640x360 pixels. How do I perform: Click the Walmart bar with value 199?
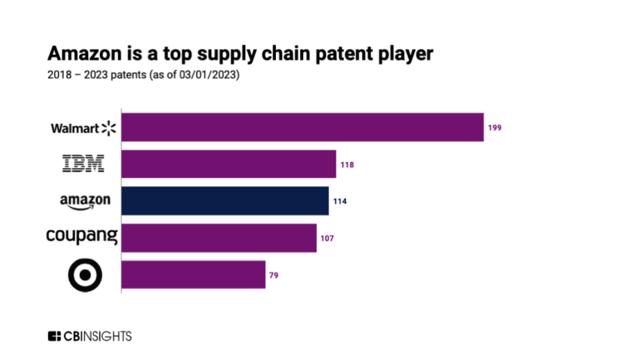(x=303, y=127)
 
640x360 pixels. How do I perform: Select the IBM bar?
(x=229, y=165)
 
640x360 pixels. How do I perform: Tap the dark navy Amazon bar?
(x=225, y=201)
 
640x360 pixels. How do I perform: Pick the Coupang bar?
(x=219, y=238)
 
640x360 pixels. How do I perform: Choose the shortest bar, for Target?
(x=194, y=274)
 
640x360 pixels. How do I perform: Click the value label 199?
(x=495, y=128)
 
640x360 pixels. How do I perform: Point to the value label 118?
(x=347, y=165)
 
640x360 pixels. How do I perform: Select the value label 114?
(x=340, y=201)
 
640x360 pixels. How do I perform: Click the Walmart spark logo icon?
(x=109, y=128)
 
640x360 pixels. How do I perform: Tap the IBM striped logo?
(x=84, y=165)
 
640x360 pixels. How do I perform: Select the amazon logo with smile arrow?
(x=85, y=202)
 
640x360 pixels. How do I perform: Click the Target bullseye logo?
(x=85, y=274)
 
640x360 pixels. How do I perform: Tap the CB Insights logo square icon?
(x=54, y=336)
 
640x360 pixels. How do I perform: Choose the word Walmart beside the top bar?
(x=74, y=128)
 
